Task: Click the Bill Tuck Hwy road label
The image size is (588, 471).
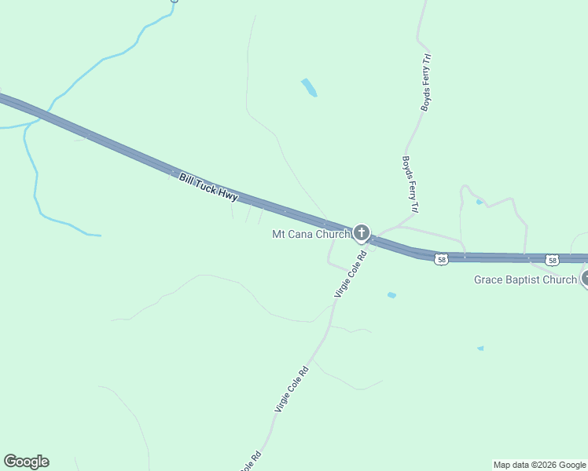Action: pyautogui.click(x=208, y=188)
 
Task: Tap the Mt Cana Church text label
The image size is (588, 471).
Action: pyautogui.click(x=311, y=234)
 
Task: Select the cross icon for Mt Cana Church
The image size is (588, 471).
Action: pyautogui.click(x=362, y=232)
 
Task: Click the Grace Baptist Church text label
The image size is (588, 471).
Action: pyautogui.click(x=525, y=280)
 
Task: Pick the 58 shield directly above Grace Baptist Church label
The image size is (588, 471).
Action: pyautogui.click(x=553, y=260)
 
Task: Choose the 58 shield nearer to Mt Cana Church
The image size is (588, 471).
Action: pyautogui.click(x=443, y=260)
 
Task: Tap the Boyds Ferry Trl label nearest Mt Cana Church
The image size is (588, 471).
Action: pyautogui.click(x=409, y=184)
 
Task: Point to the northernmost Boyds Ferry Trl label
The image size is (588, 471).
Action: pyautogui.click(x=426, y=82)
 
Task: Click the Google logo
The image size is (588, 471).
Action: pyautogui.click(x=26, y=462)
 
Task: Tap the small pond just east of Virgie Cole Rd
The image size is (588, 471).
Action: pyautogui.click(x=391, y=295)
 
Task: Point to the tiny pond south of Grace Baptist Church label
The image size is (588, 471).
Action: pyautogui.click(x=480, y=348)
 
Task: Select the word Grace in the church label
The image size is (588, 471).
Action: pyautogui.click(x=489, y=280)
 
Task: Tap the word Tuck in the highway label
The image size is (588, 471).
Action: pyautogui.click(x=205, y=187)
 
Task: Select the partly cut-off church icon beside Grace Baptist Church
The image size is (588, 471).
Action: pyautogui.click(x=584, y=278)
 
